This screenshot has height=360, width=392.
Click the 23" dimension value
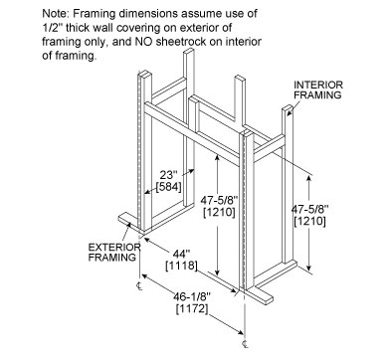168,175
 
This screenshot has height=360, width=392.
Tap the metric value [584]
168,187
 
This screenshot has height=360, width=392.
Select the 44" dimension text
181,255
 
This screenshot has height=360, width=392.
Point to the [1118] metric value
181,266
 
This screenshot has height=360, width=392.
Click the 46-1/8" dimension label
192,296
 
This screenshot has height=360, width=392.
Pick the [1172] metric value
192,308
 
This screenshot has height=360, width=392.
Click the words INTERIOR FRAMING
317,90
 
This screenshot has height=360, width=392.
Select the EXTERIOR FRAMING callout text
114,252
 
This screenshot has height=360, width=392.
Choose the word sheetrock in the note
187,42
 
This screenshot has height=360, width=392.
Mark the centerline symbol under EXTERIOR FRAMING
139,286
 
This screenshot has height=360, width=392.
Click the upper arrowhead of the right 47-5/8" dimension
309,179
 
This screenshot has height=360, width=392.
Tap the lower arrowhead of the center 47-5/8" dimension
217,272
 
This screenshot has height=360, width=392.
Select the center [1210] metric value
219,212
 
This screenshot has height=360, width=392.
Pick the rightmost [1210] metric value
309,221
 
